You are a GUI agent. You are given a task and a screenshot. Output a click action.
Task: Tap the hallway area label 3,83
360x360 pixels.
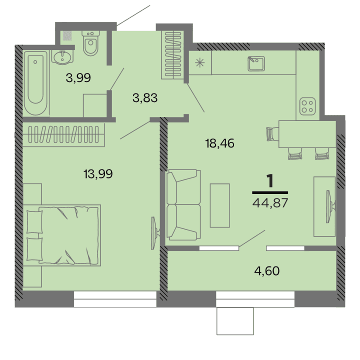pos(145,98)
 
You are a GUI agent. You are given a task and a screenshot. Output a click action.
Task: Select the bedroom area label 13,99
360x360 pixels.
pos(98,174)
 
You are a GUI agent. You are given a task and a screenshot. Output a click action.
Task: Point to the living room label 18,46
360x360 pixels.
pos(219,144)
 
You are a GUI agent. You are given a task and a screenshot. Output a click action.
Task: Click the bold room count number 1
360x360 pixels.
pos(270,181)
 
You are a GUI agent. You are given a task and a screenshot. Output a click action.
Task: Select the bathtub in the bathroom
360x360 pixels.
pos(36,82)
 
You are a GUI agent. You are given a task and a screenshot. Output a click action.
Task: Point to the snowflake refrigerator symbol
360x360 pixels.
pos(199,63)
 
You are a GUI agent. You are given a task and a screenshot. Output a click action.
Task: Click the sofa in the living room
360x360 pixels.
pos(182,205)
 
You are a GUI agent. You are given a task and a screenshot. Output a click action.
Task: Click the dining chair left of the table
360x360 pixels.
pos(270,134)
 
